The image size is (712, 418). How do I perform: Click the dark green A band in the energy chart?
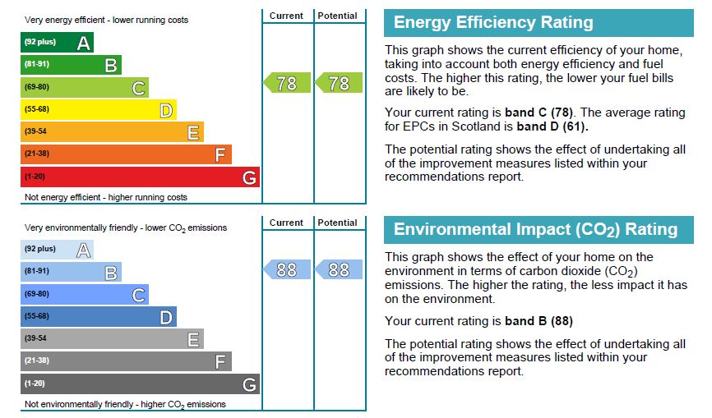[57, 43]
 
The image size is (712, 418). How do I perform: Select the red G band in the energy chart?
[140, 177]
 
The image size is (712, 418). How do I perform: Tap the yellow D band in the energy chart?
[98, 110]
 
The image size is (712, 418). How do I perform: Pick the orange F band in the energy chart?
[126, 154]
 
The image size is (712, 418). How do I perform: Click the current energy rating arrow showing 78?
[286, 83]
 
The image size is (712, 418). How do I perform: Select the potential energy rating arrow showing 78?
[339, 83]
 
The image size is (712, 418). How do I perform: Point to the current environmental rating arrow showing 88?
[286, 269]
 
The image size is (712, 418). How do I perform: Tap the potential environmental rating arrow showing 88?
[339, 269]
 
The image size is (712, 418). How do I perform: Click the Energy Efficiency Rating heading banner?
[539, 23]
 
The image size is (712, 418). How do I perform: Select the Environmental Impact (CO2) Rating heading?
[539, 230]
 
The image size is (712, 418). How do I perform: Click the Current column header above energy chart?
[286, 16]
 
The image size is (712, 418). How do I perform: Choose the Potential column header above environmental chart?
[337, 223]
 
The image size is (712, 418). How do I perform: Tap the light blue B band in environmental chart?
[71, 272]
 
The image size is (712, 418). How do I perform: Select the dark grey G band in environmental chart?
[140, 384]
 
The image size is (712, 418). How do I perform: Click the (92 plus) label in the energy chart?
[40, 43]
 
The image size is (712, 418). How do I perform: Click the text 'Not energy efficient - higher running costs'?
[106, 197]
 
